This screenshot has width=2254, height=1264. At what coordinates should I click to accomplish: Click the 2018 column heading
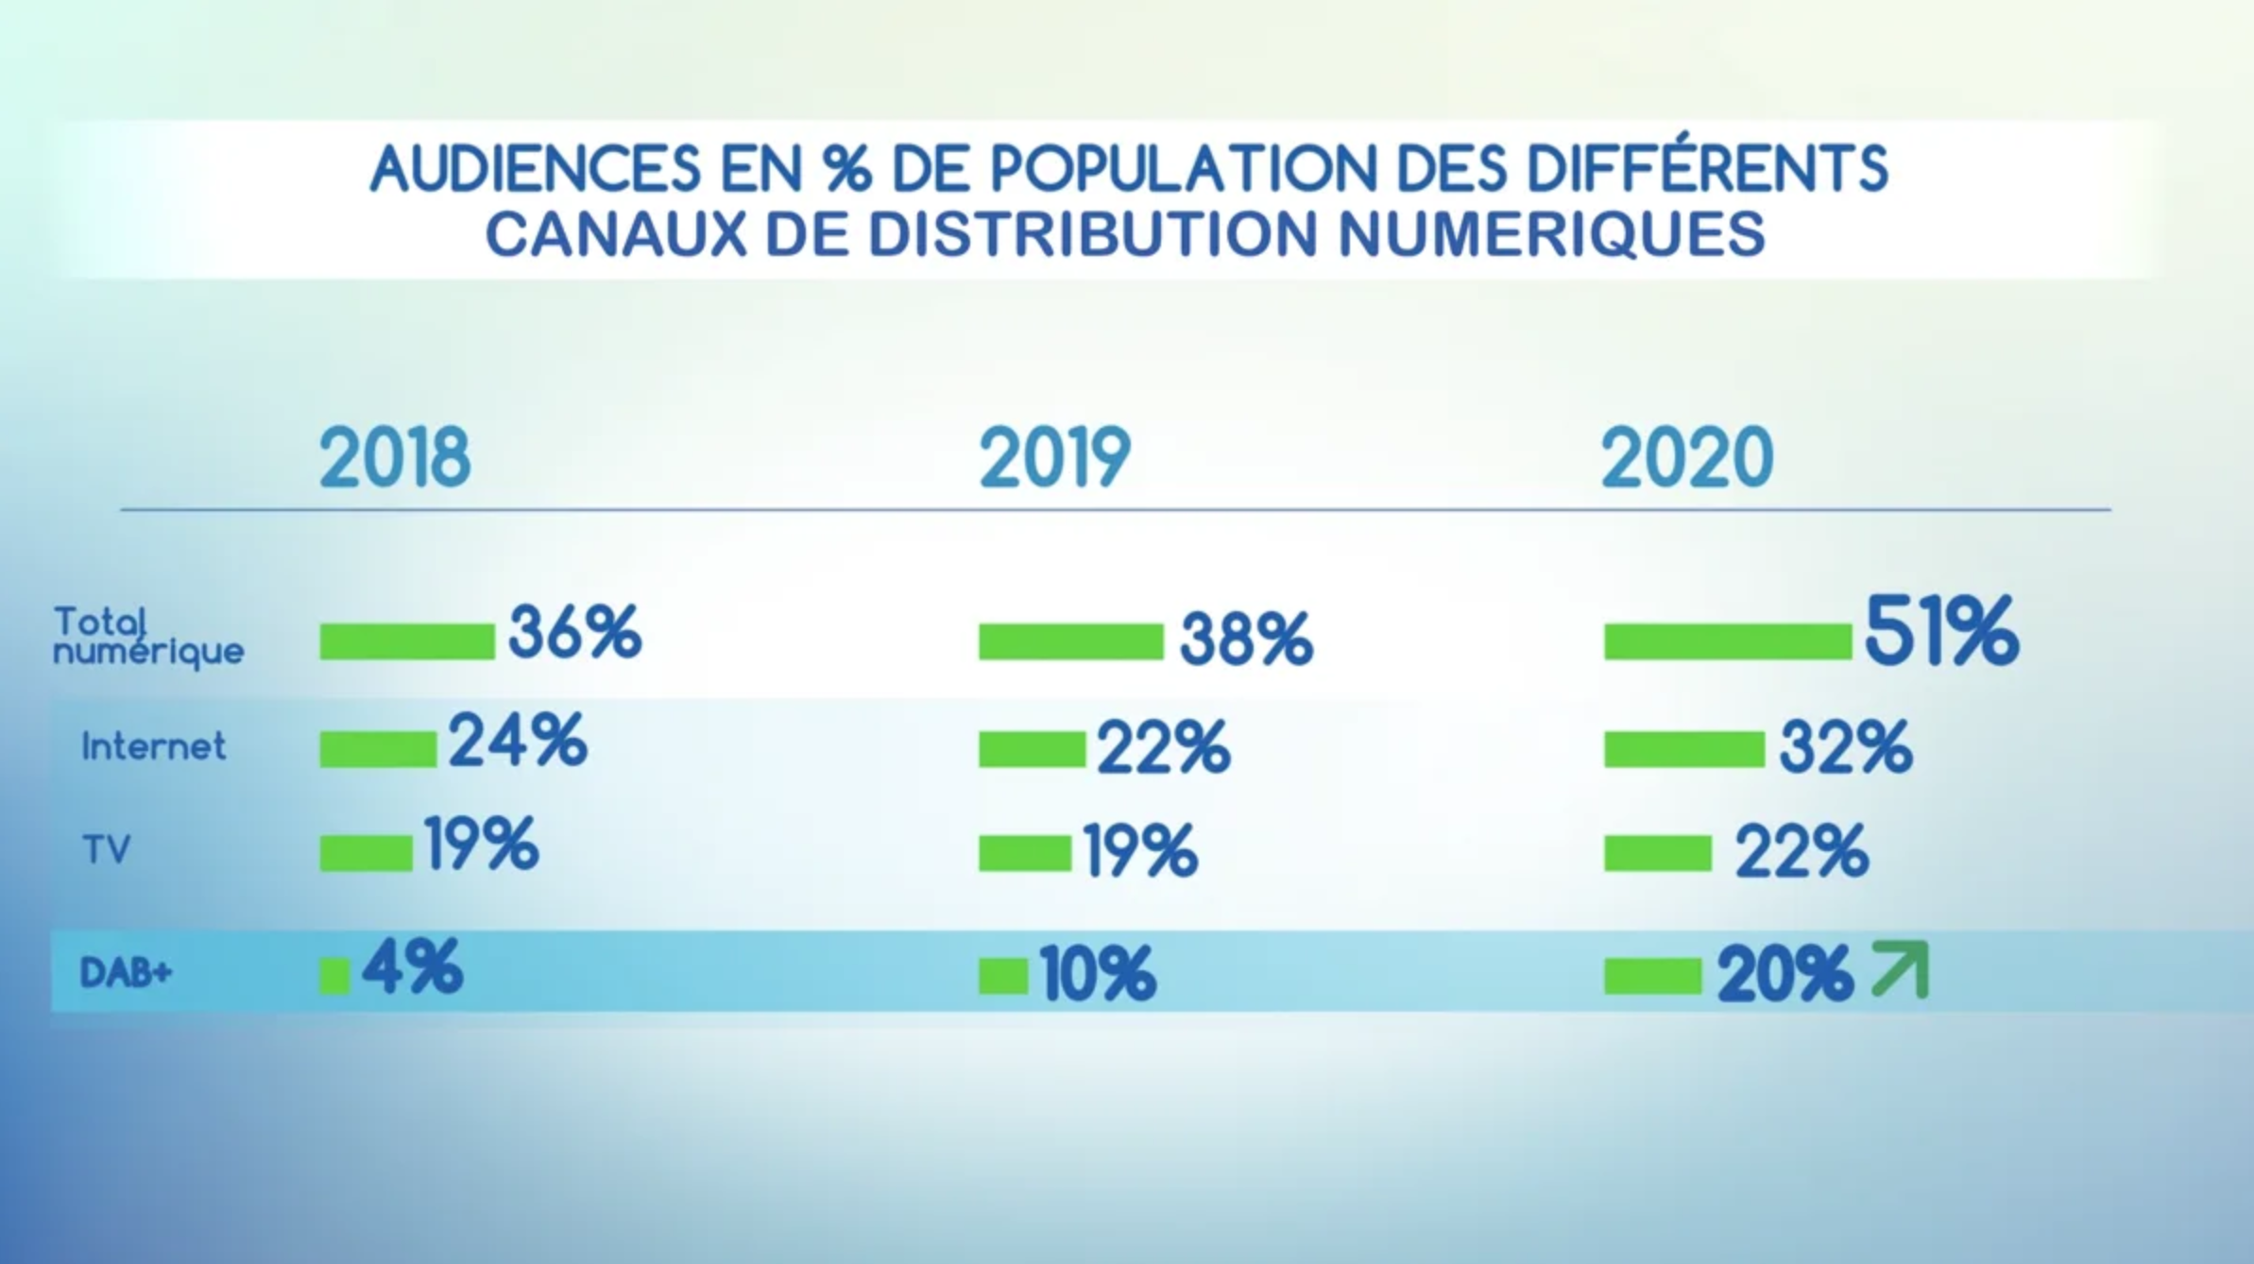point(395,458)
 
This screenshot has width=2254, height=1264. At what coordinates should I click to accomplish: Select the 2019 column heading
point(1054,458)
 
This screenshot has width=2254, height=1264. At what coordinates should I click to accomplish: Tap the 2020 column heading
point(1687,458)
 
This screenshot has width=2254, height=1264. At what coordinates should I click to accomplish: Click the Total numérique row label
point(147,637)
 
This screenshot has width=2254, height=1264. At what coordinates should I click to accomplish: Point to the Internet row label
point(154,747)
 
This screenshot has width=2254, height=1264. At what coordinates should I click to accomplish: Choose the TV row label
point(106,851)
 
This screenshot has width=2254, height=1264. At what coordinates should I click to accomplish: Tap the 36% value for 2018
point(574,633)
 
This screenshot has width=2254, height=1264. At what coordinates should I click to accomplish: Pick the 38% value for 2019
point(1246,640)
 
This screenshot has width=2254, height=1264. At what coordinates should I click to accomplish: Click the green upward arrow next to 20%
point(1900,970)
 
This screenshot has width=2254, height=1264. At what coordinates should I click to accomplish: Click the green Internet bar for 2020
point(1683,749)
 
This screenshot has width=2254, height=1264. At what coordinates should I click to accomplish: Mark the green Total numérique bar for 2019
point(1070,641)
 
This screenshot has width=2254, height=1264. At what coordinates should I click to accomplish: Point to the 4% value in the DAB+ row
point(413,966)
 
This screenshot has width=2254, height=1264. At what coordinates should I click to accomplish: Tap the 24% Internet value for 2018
point(518,742)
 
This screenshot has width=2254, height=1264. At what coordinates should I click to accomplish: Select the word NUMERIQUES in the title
point(1552,233)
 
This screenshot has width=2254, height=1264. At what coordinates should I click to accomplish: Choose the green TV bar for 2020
point(1657,853)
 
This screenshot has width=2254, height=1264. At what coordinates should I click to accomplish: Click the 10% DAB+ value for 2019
point(1098,974)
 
